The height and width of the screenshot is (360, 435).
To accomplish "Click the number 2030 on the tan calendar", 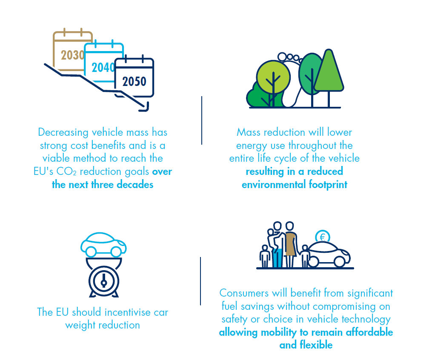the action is [x=72, y=55].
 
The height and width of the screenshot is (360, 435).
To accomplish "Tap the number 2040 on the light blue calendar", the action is [x=103, y=67].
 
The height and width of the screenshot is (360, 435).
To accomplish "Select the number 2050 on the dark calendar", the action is [x=134, y=82].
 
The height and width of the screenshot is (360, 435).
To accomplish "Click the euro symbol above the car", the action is [x=322, y=237].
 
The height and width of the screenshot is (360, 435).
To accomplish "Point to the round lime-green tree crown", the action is [x=273, y=77].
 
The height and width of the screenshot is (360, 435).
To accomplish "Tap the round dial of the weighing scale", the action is [x=104, y=281].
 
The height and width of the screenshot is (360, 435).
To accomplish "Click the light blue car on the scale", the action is [x=103, y=244].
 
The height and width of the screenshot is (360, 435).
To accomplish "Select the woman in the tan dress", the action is [x=290, y=244].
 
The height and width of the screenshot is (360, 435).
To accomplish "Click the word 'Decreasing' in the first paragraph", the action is [x=63, y=132].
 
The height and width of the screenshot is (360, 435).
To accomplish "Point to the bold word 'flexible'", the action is [x=316, y=345].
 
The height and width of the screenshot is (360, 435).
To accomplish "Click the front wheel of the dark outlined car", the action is [x=339, y=262].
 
